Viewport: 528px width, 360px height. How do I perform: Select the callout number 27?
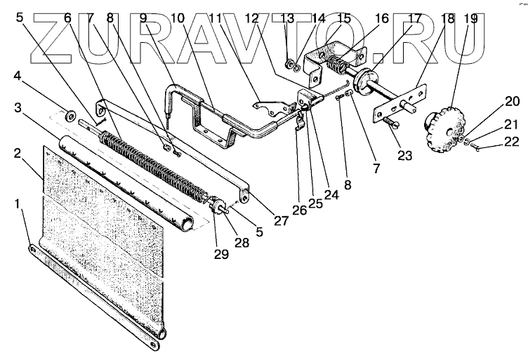pos(281,220)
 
